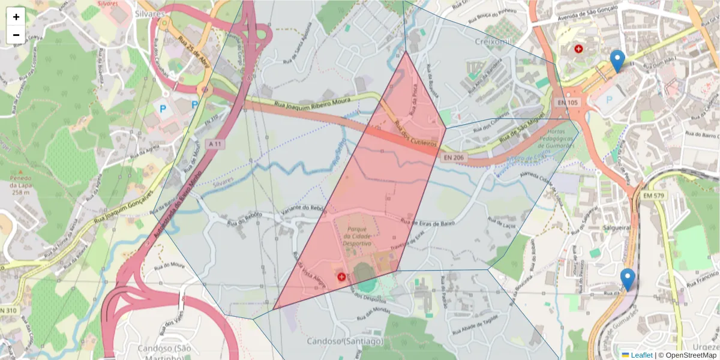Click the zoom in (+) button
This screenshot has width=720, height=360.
[16, 16]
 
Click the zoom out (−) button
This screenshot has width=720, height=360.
[16, 35]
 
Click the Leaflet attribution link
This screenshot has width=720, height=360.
[641, 355]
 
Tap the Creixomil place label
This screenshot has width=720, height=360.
[493, 41]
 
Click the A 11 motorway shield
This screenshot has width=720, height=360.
[215, 144]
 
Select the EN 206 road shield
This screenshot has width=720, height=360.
[453, 157]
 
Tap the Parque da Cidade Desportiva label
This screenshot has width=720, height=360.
[358, 236]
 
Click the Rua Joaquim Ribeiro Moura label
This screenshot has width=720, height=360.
[312, 103]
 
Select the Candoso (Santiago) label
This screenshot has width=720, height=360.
[344, 341]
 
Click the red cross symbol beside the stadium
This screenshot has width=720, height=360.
[342, 277]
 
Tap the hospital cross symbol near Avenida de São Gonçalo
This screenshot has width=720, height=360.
[578, 49]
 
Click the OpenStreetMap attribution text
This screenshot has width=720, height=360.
[691, 355]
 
